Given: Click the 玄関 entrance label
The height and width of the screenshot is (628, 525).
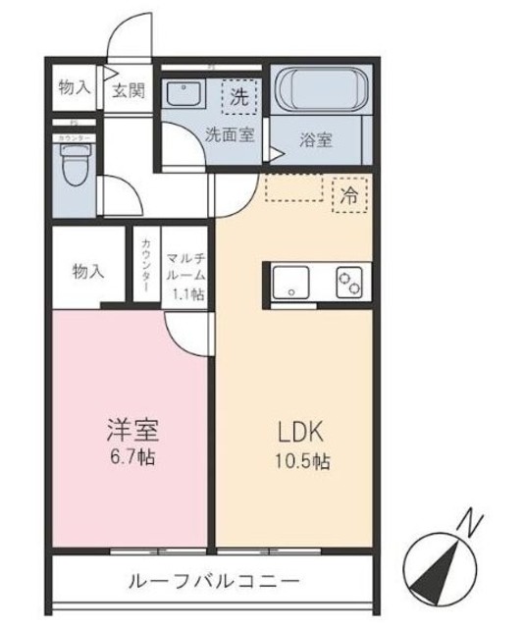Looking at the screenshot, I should [128, 90].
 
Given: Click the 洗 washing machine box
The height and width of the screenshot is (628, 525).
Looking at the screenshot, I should [238, 97].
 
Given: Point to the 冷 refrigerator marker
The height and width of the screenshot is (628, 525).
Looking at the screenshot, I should [347, 193].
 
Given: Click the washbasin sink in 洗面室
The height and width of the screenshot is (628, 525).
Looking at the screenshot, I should [183, 96].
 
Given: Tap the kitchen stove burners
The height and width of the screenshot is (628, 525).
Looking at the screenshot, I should [349, 283].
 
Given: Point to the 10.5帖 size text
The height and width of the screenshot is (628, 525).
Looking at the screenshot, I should [293, 461].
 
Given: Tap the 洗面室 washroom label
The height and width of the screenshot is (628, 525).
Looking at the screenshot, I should [230, 135].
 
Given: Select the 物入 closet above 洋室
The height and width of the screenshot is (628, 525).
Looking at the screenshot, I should [86, 270].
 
